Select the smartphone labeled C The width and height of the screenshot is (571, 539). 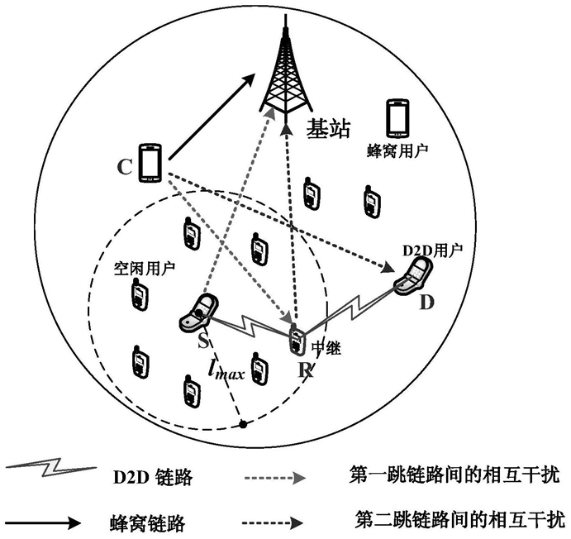150,162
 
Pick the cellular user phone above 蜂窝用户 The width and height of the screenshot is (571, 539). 398,118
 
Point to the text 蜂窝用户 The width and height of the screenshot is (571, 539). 400,152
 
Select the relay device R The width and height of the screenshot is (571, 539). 296,341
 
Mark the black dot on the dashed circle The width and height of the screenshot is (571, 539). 242,425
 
